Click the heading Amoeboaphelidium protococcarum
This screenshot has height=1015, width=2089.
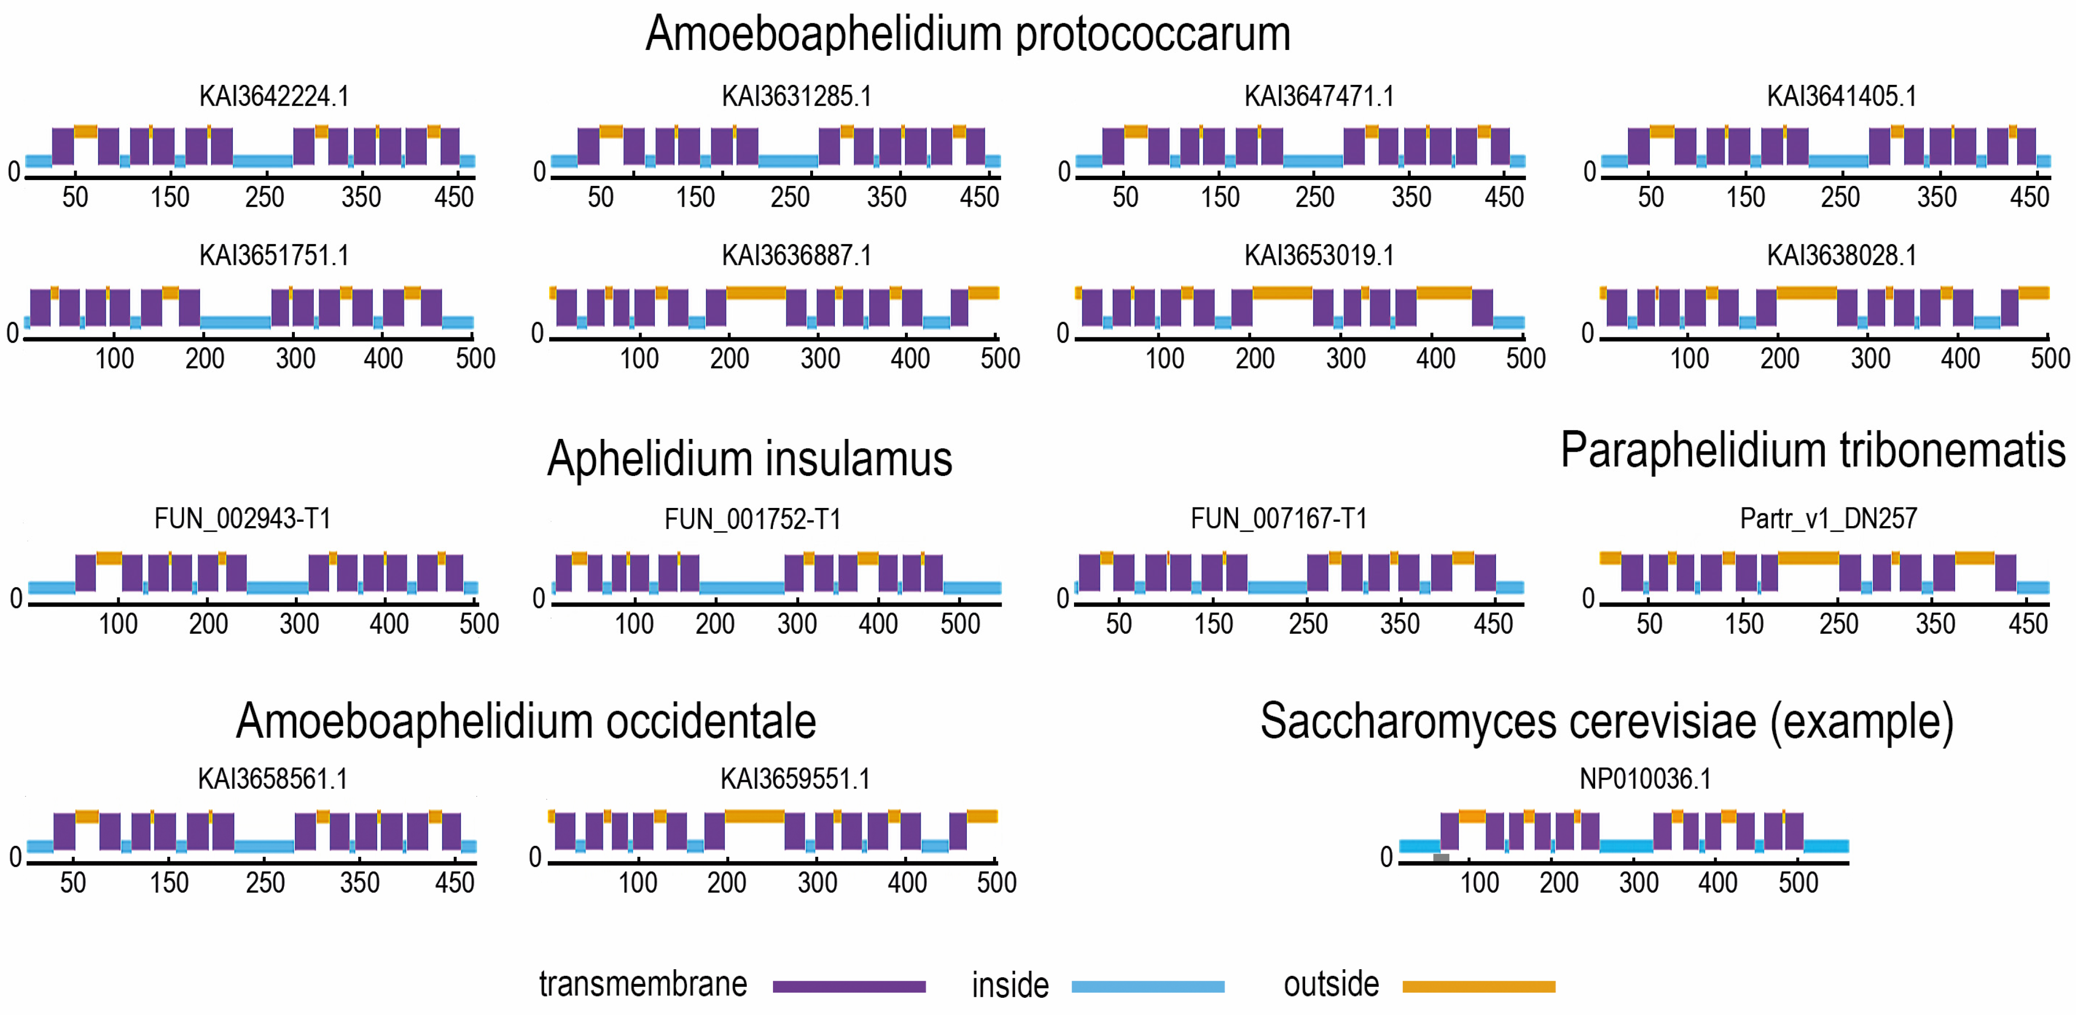(967, 34)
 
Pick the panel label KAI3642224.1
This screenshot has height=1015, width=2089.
(274, 97)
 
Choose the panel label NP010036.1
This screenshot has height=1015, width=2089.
(1645, 779)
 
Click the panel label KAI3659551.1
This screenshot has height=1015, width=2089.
(795, 779)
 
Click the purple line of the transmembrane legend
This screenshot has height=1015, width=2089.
(849, 986)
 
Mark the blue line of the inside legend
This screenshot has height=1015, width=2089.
(1147, 986)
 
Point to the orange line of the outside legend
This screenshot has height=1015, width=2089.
(1478, 986)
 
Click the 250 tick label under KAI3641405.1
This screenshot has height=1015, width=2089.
(1839, 197)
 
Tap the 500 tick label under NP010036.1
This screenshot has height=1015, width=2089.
(1798, 883)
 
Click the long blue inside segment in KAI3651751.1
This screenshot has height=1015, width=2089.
(235, 322)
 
